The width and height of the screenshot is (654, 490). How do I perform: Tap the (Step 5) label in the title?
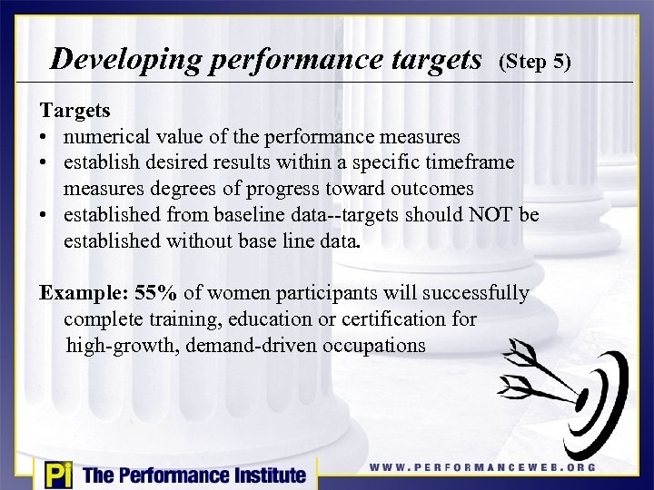pyautogui.click(x=534, y=63)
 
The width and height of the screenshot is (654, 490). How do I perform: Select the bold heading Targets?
pyautogui.click(x=74, y=111)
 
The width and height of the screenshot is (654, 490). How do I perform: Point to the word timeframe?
pyautogui.click(x=468, y=162)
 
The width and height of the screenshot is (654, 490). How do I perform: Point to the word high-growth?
pyautogui.click(x=115, y=346)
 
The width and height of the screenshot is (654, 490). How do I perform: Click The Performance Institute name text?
pyautogui.click(x=193, y=475)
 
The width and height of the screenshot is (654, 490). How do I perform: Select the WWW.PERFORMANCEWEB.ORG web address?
pyautogui.click(x=482, y=467)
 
